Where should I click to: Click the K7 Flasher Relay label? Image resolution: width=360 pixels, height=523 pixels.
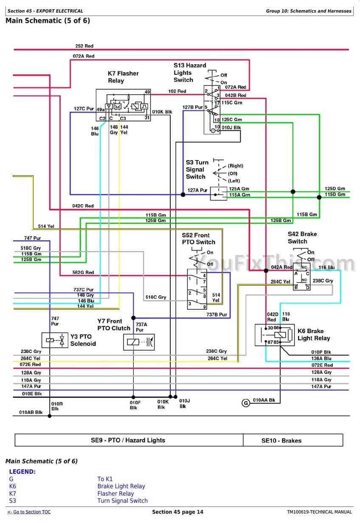123,77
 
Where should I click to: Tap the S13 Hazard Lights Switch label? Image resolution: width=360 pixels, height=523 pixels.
189,73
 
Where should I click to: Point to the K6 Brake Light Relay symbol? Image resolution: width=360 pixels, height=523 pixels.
274,335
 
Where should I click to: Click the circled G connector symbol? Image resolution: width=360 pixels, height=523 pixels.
245,403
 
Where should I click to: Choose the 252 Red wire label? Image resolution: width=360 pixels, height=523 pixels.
84,46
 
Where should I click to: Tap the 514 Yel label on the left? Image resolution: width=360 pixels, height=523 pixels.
46,226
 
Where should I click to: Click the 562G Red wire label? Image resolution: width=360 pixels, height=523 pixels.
83,272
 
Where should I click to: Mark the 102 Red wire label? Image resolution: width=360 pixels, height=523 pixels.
177,91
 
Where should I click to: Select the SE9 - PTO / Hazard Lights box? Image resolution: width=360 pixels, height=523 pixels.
128,440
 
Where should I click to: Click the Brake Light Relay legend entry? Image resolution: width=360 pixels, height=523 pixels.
121,486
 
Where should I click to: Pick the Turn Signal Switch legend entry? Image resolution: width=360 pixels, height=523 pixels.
122,500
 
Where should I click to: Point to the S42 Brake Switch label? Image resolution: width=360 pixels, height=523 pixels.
302,237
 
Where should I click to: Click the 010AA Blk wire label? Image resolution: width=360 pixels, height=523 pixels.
264,400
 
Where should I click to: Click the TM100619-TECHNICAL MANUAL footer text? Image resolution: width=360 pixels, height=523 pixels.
319,512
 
